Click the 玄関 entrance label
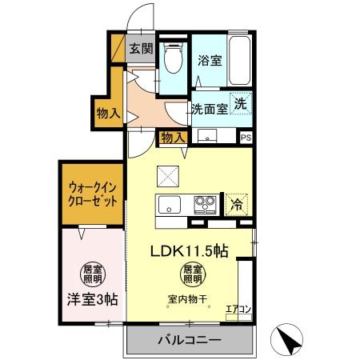[142, 48]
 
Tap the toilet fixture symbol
[172, 58]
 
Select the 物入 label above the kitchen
[173, 137]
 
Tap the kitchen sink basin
[170, 204]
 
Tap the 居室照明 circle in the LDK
[190, 274]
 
